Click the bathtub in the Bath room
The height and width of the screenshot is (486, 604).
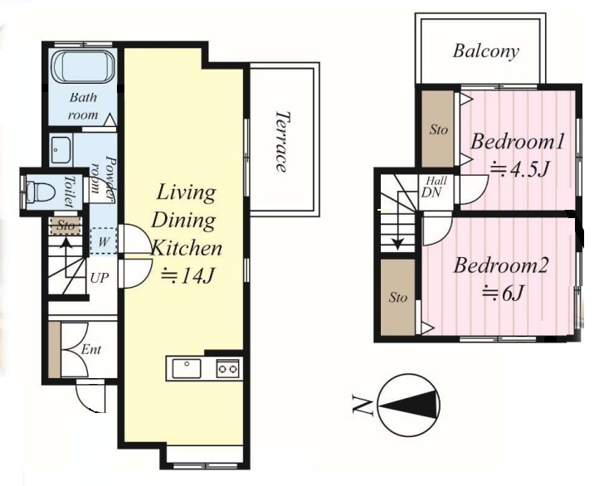83,66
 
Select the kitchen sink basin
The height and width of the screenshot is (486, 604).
187,368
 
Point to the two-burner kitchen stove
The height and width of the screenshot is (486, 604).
227,369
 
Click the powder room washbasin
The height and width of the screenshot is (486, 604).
61,150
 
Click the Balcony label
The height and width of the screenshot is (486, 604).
485,52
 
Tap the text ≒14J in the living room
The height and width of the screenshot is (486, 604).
188,275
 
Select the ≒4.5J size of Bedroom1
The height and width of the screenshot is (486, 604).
519,168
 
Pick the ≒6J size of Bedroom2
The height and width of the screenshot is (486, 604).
504,294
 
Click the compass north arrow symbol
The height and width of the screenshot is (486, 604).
409,405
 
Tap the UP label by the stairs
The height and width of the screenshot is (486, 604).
100,278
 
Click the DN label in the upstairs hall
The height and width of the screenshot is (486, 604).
431,192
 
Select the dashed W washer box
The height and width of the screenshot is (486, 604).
103,241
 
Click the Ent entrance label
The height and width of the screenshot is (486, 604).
91,350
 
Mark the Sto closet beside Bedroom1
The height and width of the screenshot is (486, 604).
438,129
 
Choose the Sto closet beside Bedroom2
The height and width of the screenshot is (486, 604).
398,297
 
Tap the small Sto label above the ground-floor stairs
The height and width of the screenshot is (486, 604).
66,226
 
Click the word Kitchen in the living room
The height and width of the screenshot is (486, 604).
187,248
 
